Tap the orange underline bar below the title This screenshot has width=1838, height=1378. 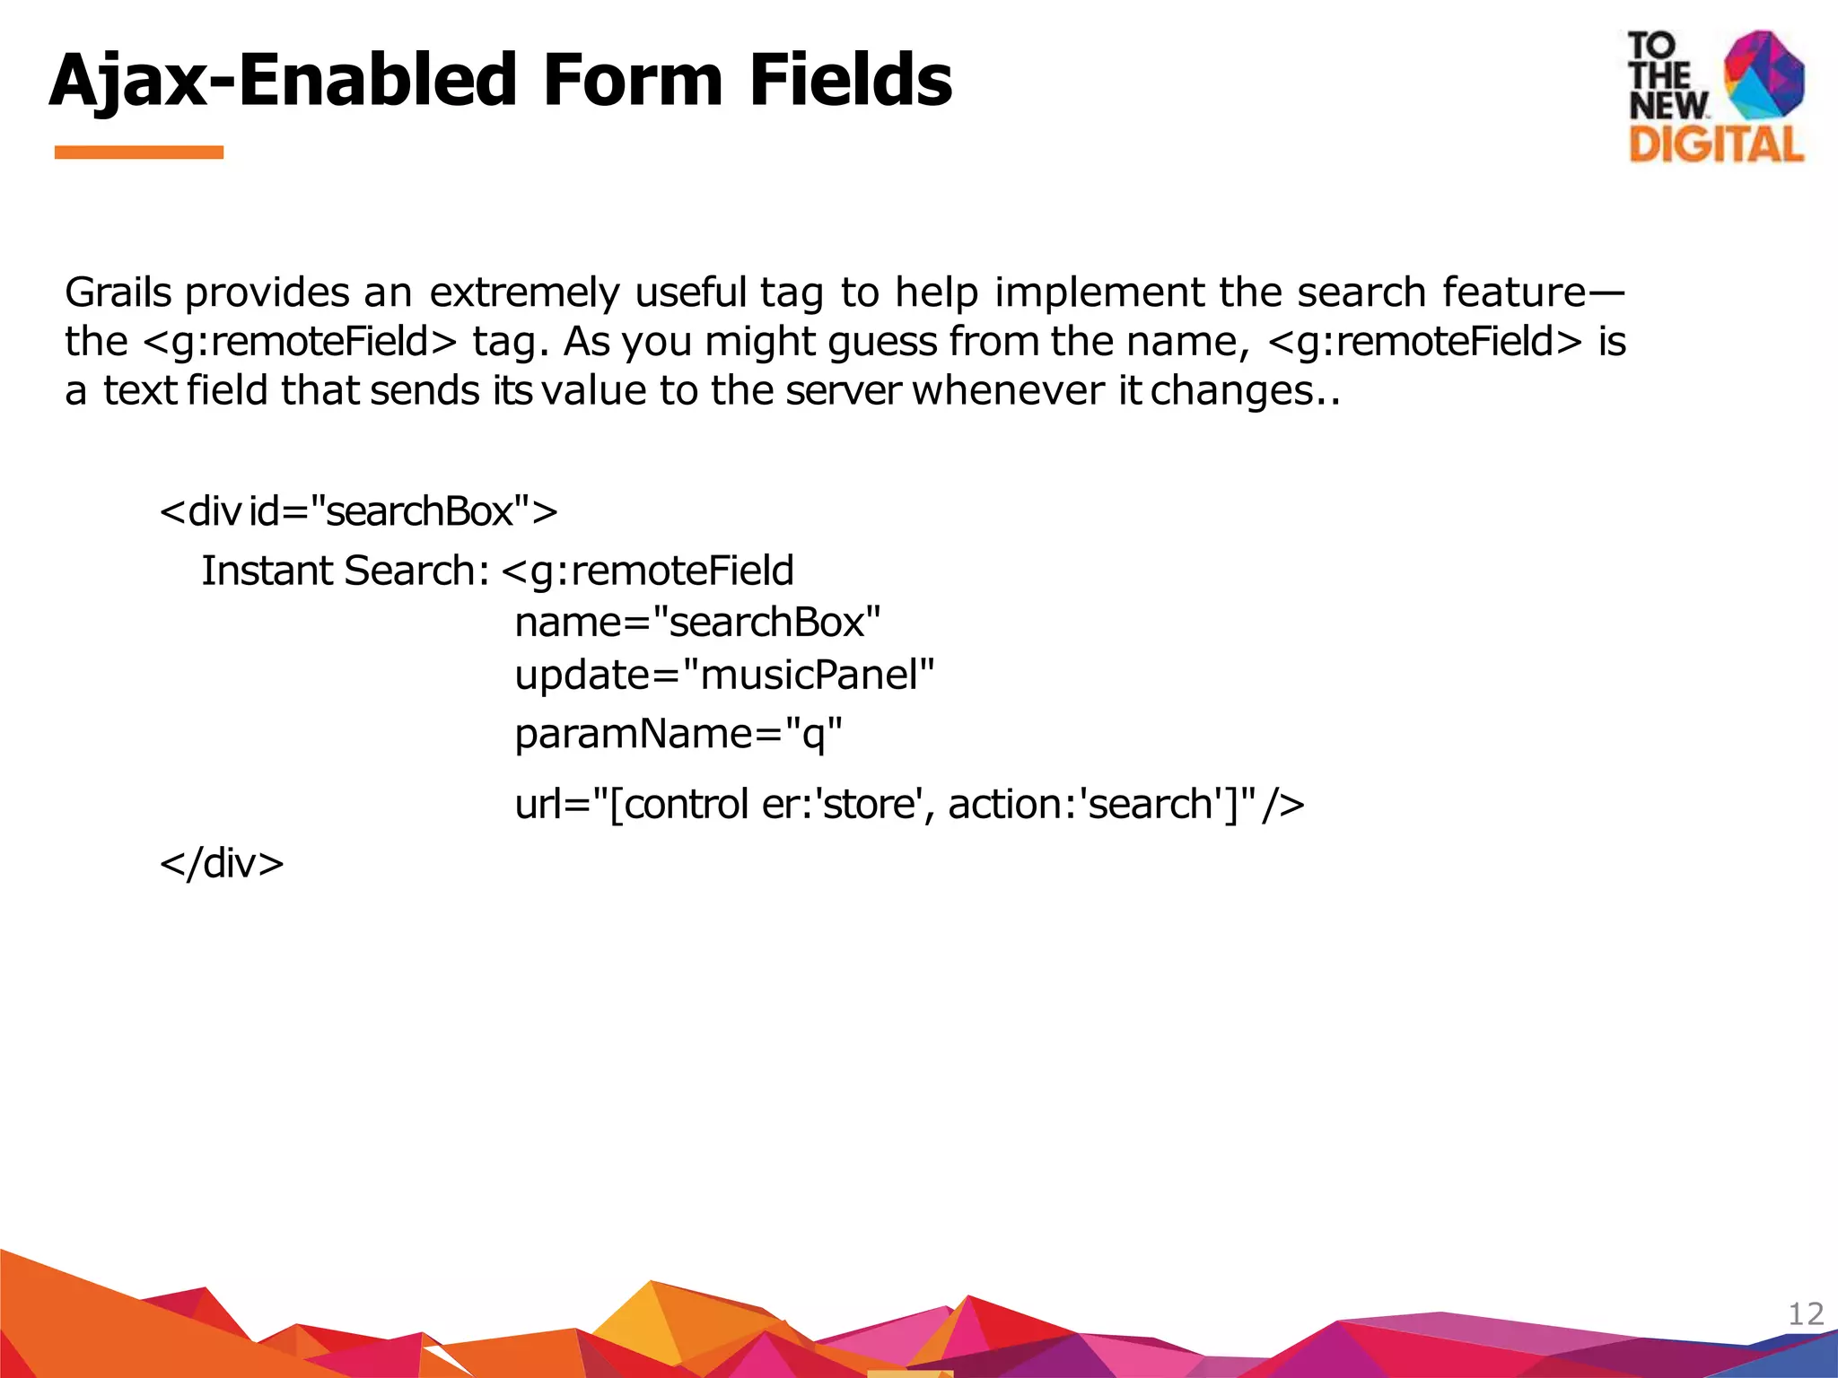click(x=138, y=153)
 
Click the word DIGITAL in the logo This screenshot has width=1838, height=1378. click(x=1715, y=144)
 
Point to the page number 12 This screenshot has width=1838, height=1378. click(x=1806, y=1314)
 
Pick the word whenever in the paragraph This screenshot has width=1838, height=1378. click(x=1008, y=391)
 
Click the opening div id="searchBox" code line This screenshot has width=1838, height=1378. click(x=358, y=511)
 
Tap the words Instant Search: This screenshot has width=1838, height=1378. click(x=345, y=571)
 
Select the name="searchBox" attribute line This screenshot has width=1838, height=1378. click(x=697, y=623)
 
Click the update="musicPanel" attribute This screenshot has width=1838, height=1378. click(x=724, y=675)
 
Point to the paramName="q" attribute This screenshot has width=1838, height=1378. click(x=678, y=734)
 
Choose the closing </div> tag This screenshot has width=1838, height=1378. click(x=222, y=863)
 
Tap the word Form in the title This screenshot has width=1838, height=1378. click(x=633, y=81)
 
